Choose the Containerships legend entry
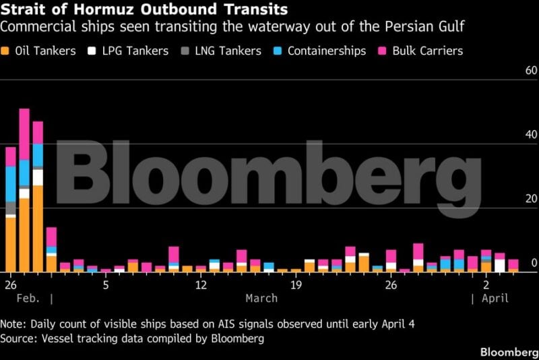[320, 51]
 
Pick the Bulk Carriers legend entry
[426, 51]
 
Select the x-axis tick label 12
[201, 284]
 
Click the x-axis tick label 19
[296, 284]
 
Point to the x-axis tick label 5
[106, 284]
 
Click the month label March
[261, 298]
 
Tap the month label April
[495, 298]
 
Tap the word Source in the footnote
[20, 338]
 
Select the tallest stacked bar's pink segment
[24, 134]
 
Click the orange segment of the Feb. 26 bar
[10, 243]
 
